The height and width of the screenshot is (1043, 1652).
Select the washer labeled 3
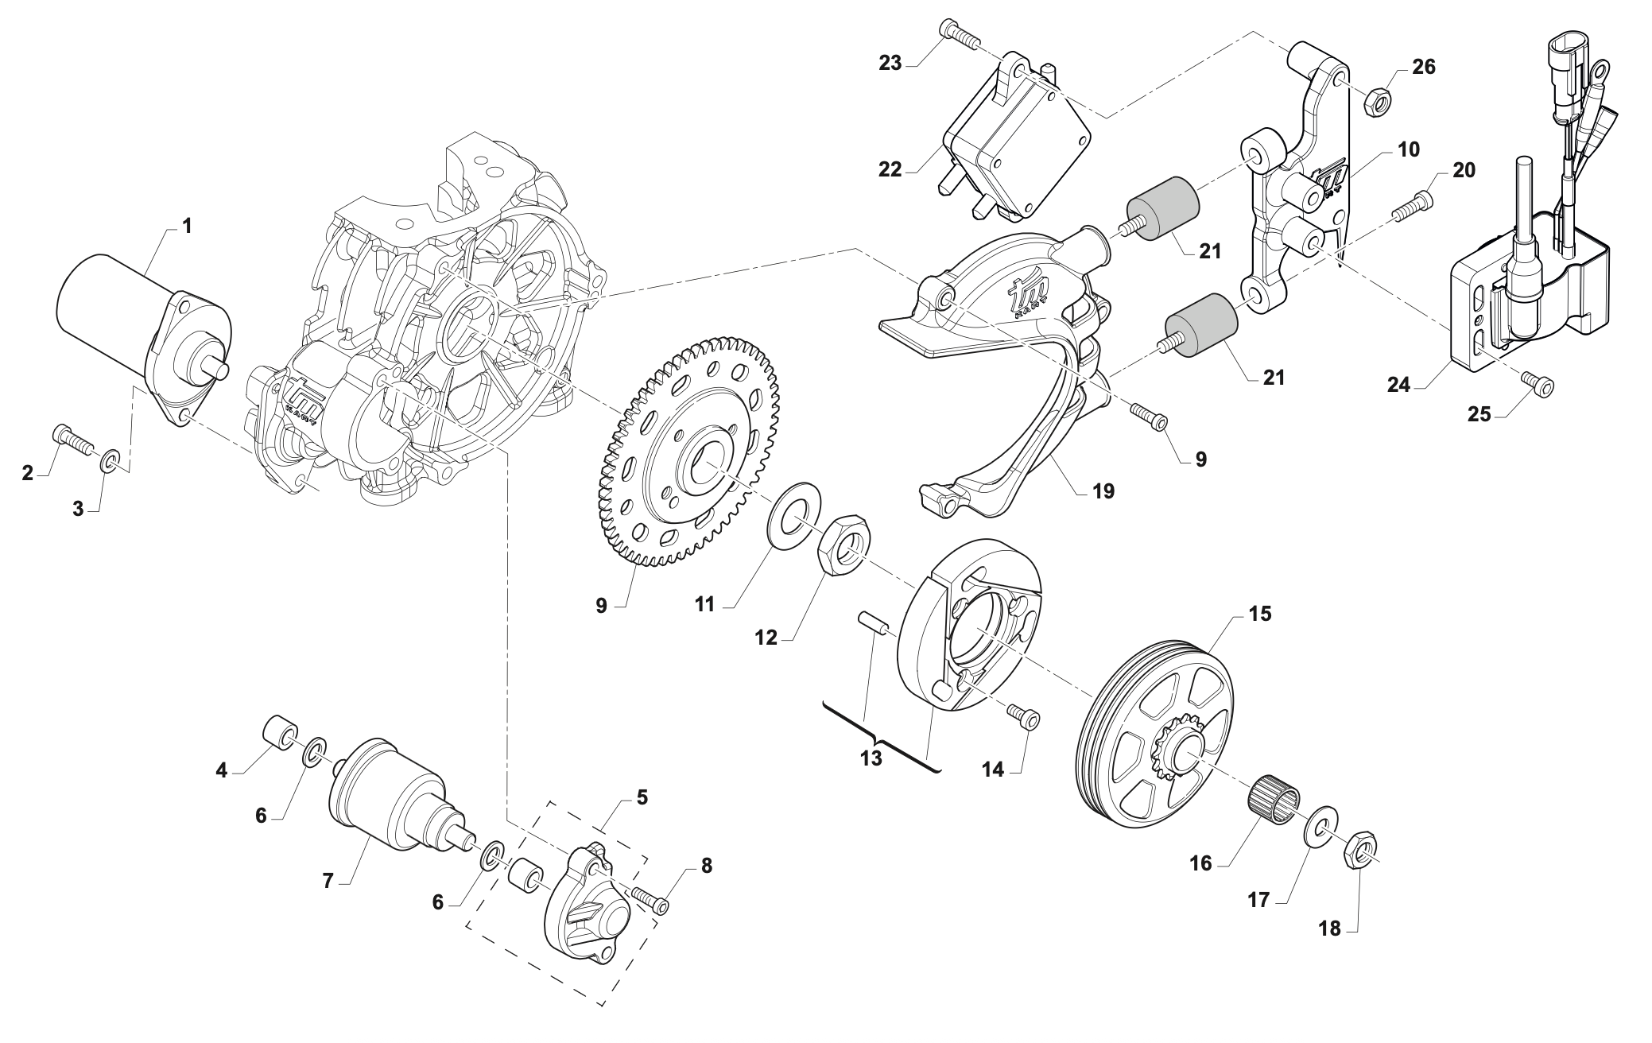click(x=111, y=459)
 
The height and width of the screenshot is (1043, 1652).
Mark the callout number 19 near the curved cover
click(x=1103, y=491)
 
